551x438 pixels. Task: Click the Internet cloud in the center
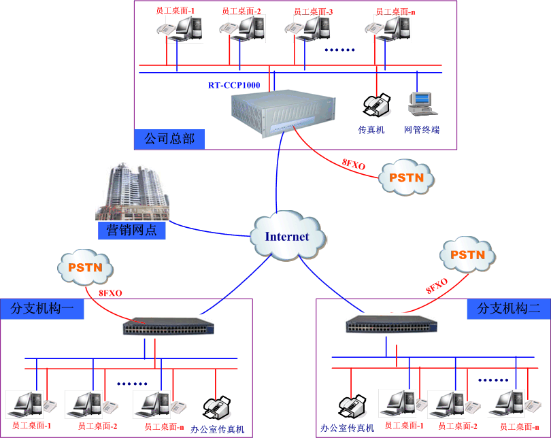pos(286,237)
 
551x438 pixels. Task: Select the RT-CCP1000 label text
pos(235,86)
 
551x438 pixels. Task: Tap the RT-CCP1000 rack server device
pos(283,113)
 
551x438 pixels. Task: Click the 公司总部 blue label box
pos(169,139)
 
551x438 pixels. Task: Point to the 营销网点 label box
pos(131,230)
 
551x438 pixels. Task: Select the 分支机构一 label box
pos(42,309)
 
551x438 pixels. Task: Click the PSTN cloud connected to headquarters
pos(406,178)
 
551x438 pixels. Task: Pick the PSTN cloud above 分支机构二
pos(468,255)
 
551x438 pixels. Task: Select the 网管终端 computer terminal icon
pos(420,103)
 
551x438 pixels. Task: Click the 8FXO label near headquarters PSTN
pos(354,163)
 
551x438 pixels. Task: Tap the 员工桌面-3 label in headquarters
pos(313,12)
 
